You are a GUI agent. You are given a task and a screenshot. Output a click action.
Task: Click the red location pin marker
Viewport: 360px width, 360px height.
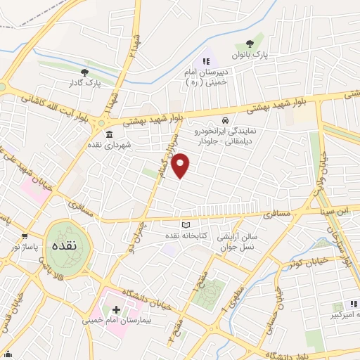tap(181, 166)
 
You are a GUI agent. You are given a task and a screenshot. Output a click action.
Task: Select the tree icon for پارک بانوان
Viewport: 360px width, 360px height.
tap(250, 44)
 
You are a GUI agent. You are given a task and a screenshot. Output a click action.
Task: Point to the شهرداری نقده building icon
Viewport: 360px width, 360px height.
tap(108, 134)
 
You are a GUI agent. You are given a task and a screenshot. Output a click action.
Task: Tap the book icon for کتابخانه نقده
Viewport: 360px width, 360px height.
tap(186, 225)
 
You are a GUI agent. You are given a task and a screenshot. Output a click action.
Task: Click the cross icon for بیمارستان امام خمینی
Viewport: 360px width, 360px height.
tap(116, 309)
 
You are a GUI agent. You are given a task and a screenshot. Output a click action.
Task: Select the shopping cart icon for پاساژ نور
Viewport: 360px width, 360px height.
tap(25, 236)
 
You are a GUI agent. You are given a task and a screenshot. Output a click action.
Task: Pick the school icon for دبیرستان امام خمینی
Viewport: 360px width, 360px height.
tap(206, 61)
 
